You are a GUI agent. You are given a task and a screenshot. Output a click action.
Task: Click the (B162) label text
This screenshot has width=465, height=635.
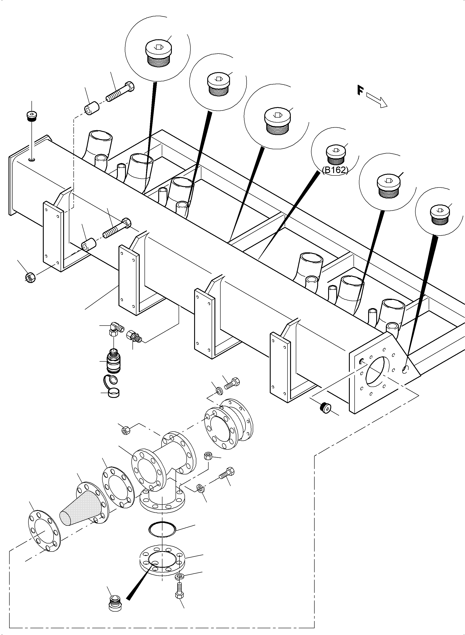(335, 170)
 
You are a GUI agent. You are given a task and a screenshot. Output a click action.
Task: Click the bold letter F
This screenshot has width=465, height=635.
(360, 91)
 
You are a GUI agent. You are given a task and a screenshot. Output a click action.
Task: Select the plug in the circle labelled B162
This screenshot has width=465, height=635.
(335, 155)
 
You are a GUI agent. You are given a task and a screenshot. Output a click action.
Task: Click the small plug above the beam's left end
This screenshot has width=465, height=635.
(32, 116)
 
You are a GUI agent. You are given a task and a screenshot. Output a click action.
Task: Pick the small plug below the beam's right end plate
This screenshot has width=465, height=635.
(326, 408)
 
